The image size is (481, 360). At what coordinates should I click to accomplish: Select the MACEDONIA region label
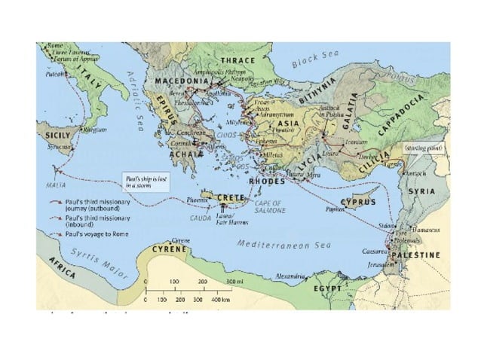[181, 81]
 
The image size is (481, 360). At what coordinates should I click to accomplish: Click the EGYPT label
[329, 288]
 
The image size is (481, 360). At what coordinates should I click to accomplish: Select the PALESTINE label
[415, 256]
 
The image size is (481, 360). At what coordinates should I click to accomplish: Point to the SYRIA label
[421, 191]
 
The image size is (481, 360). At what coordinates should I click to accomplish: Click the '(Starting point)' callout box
[421, 148]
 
